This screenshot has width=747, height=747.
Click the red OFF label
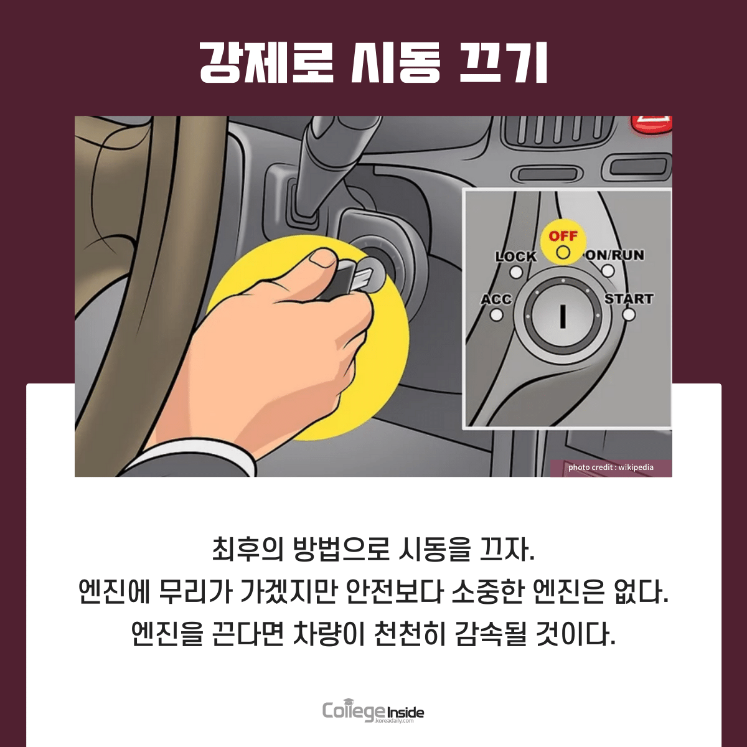point(563,236)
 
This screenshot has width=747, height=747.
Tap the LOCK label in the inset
point(515,256)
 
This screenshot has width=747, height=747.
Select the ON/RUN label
point(614,255)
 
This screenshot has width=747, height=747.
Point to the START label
point(629,299)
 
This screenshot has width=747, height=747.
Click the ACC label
point(497,299)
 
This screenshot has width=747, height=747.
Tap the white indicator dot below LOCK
point(516,272)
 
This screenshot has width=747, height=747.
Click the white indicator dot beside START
point(629,314)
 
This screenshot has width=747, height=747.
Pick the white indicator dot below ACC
point(497,315)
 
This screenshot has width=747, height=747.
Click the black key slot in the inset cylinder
point(563,316)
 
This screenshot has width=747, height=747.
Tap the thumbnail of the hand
point(322,258)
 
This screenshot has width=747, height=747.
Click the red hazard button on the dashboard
point(652,127)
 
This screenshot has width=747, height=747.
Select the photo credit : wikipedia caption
point(611,467)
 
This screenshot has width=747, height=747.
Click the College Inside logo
point(373,712)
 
